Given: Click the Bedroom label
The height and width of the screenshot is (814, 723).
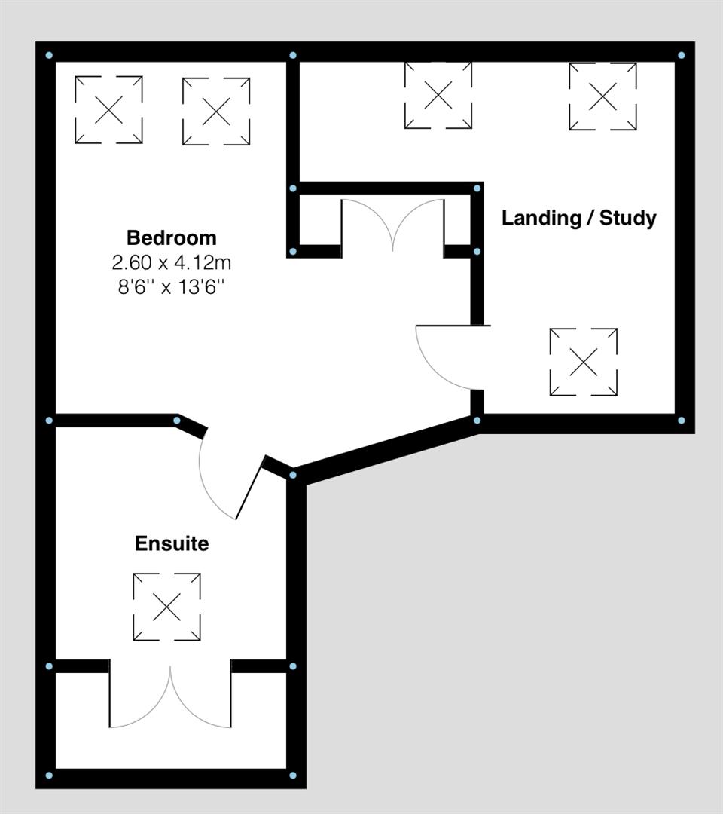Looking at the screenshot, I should pyautogui.click(x=171, y=238).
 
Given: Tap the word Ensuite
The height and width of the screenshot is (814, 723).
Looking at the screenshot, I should pyautogui.click(x=171, y=543).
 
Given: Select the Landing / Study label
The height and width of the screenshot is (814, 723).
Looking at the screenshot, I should pyautogui.click(x=578, y=219).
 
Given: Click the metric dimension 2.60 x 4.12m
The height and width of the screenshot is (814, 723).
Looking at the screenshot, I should pyautogui.click(x=171, y=263).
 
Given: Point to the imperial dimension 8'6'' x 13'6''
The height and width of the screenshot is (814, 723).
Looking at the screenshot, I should pyautogui.click(x=171, y=287).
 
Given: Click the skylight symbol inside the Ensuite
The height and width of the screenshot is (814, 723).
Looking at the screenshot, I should pyautogui.click(x=166, y=607).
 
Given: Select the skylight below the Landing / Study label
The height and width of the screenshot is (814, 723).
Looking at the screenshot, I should pyautogui.click(x=584, y=362).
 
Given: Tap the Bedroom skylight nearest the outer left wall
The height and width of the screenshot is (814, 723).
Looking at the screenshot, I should pyautogui.click(x=108, y=110).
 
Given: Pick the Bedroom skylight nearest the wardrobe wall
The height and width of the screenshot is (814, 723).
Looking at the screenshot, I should pyautogui.click(x=216, y=112).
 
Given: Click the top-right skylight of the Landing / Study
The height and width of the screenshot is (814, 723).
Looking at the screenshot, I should pyautogui.click(x=602, y=96).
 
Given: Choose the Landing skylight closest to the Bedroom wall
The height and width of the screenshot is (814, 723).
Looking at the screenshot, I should pyautogui.click(x=438, y=95).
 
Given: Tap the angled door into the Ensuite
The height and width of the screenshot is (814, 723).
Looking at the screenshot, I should pyautogui.click(x=226, y=482).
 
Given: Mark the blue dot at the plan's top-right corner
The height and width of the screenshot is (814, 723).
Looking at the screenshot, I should pyautogui.click(x=681, y=55).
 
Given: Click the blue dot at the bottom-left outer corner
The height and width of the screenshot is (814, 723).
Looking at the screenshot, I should pyautogui.click(x=49, y=775).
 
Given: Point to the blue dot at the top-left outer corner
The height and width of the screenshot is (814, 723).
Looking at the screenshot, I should pyautogui.click(x=49, y=55).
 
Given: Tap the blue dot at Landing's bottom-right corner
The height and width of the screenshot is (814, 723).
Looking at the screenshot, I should pyautogui.click(x=681, y=420).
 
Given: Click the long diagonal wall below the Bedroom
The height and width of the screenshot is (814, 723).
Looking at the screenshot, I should pyautogui.click(x=384, y=449).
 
